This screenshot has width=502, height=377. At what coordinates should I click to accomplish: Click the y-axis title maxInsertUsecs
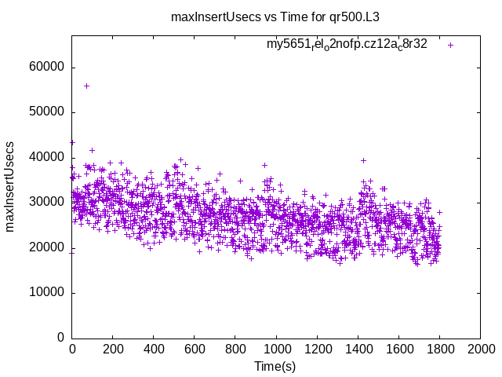(x=10, y=187)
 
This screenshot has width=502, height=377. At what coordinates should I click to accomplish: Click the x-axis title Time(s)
(x=275, y=367)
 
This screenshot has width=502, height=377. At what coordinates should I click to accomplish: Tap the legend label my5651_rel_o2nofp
(x=347, y=45)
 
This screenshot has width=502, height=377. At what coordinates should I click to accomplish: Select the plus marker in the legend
(x=450, y=45)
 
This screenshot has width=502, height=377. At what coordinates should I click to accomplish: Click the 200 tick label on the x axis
(x=113, y=350)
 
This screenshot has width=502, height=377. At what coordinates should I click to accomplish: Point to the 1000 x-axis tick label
(x=276, y=350)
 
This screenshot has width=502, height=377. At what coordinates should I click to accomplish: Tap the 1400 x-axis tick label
(x=358, y=350)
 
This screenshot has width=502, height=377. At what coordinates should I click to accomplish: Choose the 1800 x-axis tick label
(x=439, y=350)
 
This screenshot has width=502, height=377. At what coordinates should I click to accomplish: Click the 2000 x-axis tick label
(x=480, y=350)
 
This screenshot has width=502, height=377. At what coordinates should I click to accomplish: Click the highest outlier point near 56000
(x=86, y=86)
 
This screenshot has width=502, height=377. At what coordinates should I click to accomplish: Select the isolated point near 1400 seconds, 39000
(x=363, y=160)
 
